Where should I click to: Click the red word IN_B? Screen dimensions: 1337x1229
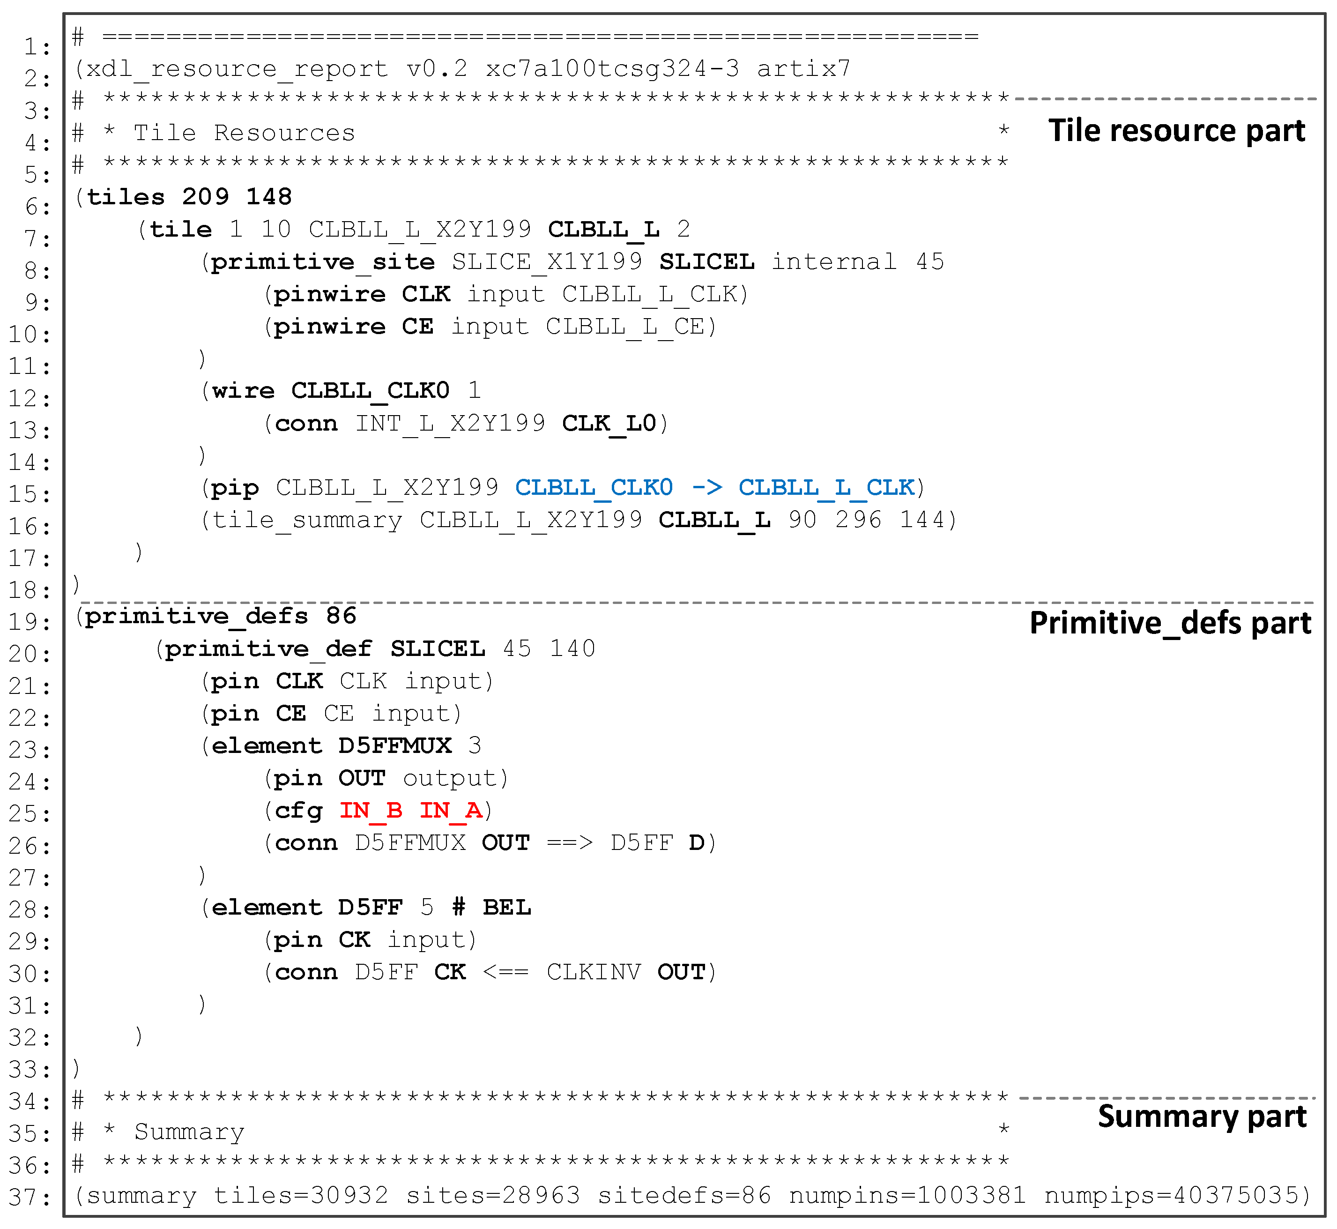pos(371,810)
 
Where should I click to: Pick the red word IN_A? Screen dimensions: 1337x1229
pos(450,810)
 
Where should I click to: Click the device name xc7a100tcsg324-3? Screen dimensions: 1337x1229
pos(612,68)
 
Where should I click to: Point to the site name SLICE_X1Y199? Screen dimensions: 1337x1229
pos(547,262)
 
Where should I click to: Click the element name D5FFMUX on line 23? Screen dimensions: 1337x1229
pos(395,745)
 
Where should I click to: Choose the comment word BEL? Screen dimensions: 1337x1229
pos(506,907)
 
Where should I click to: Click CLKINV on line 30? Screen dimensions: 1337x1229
pos(594,972)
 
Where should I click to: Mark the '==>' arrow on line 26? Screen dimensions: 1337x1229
pos(570,842)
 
